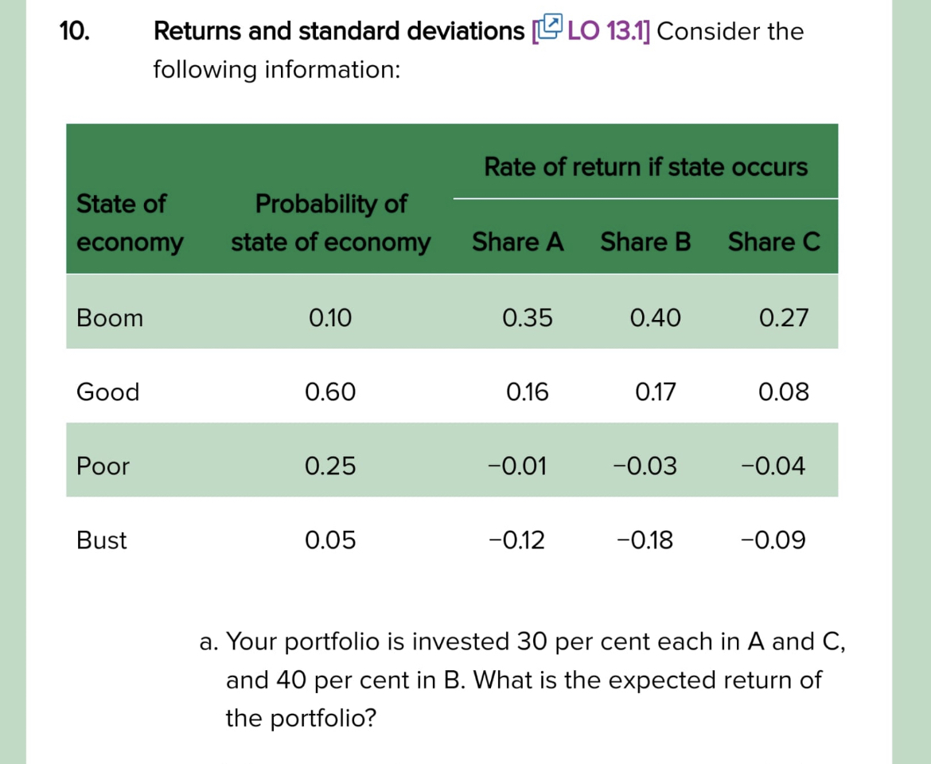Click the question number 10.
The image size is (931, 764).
point(75,31)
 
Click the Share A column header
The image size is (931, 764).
point(518,242)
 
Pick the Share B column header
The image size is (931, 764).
point(645,242)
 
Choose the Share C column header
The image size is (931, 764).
point(773,242)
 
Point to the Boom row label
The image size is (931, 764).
point(110,318)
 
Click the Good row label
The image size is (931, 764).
point(107,392)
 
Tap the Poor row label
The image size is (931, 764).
point(103,466)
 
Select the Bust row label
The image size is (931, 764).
point(101,541)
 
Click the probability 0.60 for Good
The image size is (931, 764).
point(330,392)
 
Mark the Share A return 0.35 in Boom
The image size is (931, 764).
point(527,318)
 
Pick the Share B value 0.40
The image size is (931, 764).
point(655,318)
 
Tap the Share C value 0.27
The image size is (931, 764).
point(784,318)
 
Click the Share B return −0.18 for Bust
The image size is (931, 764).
point(645,541)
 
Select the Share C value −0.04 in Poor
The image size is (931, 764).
point(772,466)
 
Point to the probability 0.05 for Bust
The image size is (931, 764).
point(330,541)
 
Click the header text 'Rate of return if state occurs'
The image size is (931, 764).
point(645,168)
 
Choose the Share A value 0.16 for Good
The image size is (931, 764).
point(527,392)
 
